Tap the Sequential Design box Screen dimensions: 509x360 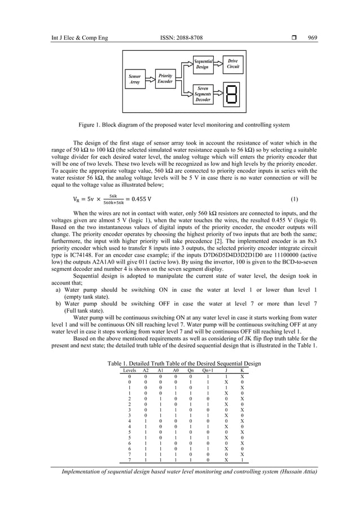(x=203, y=64)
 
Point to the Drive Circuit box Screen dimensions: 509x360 (x=232, y=63)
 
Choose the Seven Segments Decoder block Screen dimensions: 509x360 (x=203, y=94)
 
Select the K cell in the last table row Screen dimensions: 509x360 (x=242, y=460)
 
